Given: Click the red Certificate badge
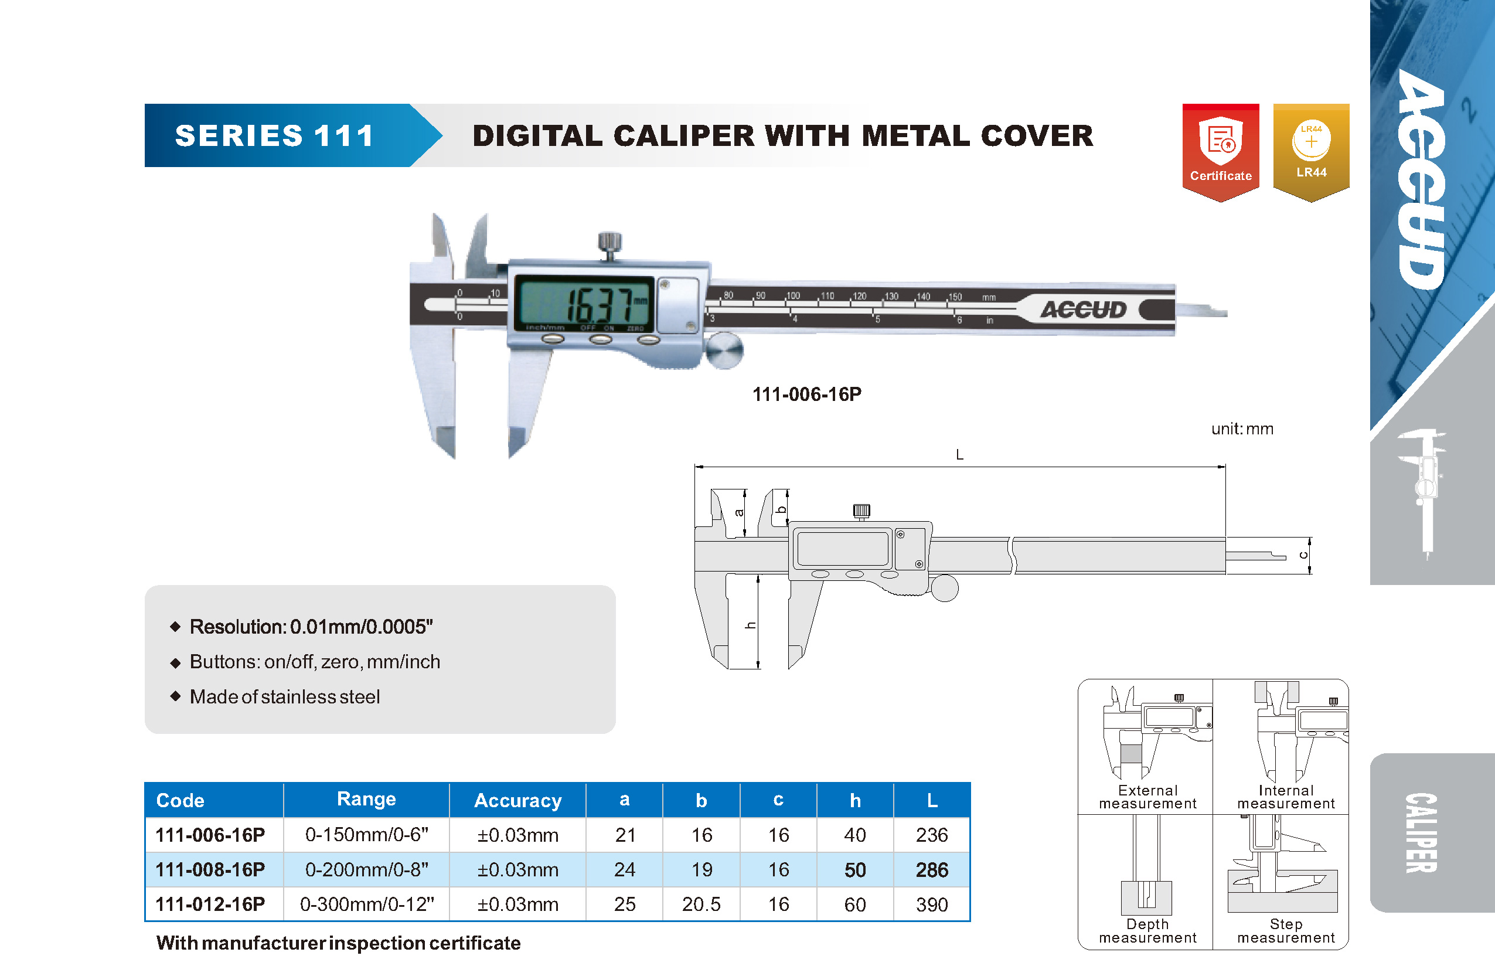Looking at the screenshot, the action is pos(1221,152).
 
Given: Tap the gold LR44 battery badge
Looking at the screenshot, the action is pos(1311,152).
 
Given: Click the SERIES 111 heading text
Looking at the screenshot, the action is pos(274,136).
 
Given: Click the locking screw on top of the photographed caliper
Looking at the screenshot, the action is pos(609,246).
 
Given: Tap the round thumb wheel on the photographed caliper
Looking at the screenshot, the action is pos(724,351).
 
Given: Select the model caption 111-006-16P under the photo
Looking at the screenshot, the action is pos(807,394).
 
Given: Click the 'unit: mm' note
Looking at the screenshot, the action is pos(1242,429).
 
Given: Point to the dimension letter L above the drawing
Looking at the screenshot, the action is pos(959,454).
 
